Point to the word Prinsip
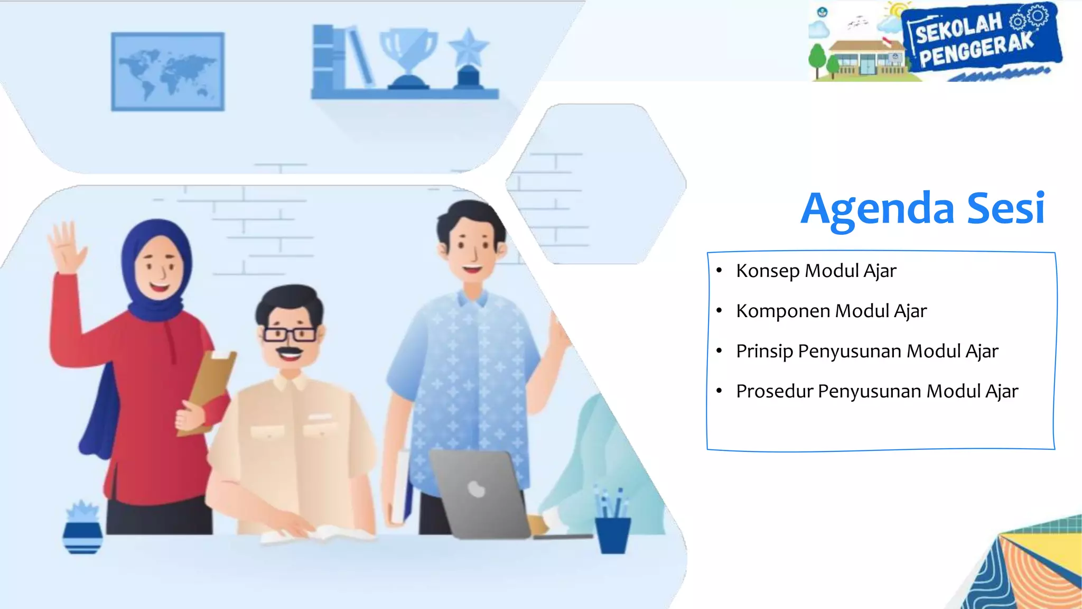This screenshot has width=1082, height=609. [x=764, y=352]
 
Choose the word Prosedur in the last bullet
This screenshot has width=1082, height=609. [x=775, y=392]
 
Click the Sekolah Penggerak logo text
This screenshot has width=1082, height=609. [x=975, y=40]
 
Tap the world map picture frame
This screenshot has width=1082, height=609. [x=167, y=71]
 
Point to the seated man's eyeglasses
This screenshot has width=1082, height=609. [x=290, y=334]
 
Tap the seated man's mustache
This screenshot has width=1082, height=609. [x=290, y=351]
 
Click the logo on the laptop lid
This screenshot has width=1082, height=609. [x=477, y=489]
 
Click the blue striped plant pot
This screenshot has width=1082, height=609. [x=82, y=537]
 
